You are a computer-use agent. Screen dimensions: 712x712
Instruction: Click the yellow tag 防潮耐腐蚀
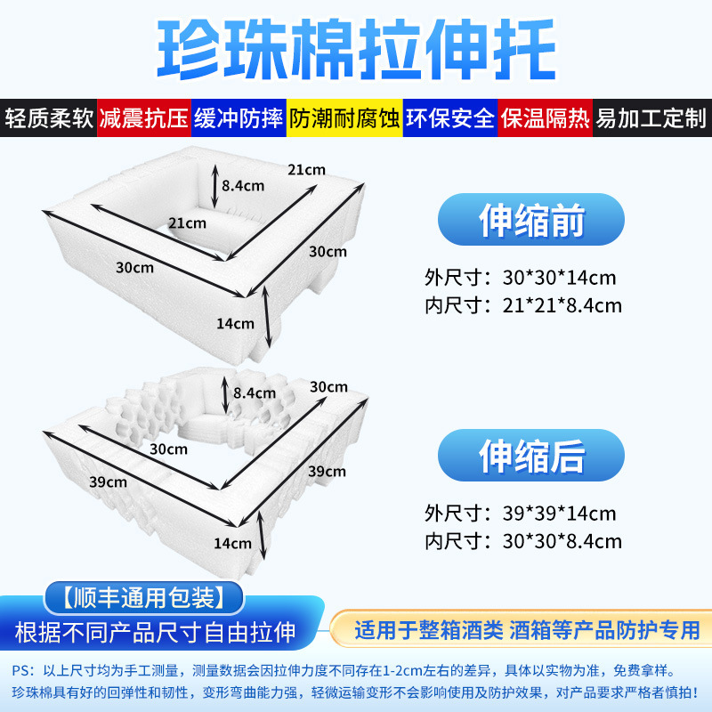(344, 118)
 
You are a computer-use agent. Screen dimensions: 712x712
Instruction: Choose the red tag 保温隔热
(545, 118)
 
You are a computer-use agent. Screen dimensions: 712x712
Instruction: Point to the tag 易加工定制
(651, 118)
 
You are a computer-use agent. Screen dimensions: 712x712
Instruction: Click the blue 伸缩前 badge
(531, 220)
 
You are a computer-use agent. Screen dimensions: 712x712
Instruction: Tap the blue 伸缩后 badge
(531, 456)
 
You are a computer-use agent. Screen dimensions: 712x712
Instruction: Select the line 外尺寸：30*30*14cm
(521, 278)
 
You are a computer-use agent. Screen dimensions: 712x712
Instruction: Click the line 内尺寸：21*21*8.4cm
(524, 306)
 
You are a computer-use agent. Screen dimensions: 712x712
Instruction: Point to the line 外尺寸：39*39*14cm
(521, 514)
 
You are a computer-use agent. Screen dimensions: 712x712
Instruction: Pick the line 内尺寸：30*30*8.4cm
(524, 541)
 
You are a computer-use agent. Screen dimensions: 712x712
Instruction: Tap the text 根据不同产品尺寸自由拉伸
(154, 632)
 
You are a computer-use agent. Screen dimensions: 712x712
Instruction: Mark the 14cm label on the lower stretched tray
(233, 543)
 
